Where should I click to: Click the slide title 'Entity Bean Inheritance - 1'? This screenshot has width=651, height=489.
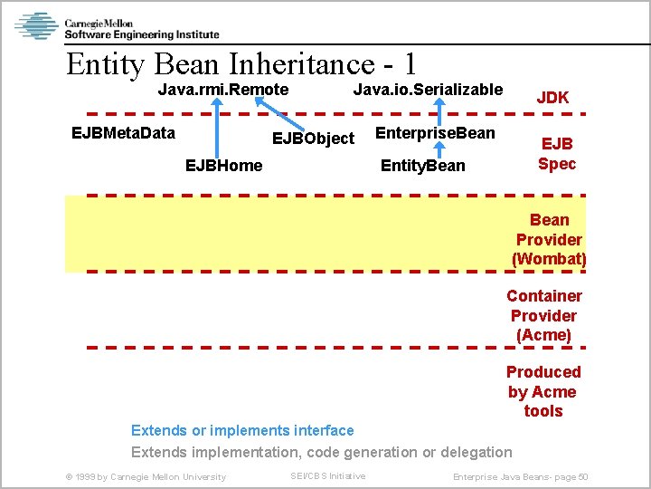pyautogui.click(x=241, y=63)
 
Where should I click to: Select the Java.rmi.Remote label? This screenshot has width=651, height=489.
pyautogui.click(x=223, y=89)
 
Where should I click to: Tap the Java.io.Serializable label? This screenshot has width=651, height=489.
pyautogui.click(x=427, y=89)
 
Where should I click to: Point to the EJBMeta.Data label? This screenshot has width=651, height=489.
pyautogui.click(x=123, y=133)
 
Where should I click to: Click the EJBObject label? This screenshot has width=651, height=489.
pyautogui.click(x=314, y=139)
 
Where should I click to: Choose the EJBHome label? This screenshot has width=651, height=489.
pyautogui.click(x=223, y=165)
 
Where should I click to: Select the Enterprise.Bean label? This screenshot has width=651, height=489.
pyautogui.click(x=435, y=133)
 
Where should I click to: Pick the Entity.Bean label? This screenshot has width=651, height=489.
pyautogui.click(x=422, y=165)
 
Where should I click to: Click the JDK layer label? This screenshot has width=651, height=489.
pyautogui.click(x=552, y=98)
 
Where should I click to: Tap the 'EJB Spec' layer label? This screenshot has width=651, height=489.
pyautogui.click(x=556, y=153)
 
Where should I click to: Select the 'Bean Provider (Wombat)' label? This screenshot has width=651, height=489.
pyautogui.click(x=549, y=239)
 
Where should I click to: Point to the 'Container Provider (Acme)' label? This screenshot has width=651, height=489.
pyautogui.click(x=543, y=315)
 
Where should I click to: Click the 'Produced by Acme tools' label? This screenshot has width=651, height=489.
pyautogui.click(x=542, y=391)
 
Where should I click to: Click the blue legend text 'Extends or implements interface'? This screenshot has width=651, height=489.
pyautogui.click(x=242, y=430)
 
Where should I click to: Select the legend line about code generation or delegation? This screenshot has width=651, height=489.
pyautogui.click(x=321, y=452)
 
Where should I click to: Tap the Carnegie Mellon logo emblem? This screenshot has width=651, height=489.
pyautogui.click(x=36, y=25)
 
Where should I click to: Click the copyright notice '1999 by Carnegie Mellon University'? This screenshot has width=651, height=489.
pyautogui.click(x=146, y=476)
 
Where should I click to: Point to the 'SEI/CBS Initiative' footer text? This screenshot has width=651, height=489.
pyautogui.click(x=327, y=475)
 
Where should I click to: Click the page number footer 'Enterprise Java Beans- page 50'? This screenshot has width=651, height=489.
pyautogui.click(x=520, y=476)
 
